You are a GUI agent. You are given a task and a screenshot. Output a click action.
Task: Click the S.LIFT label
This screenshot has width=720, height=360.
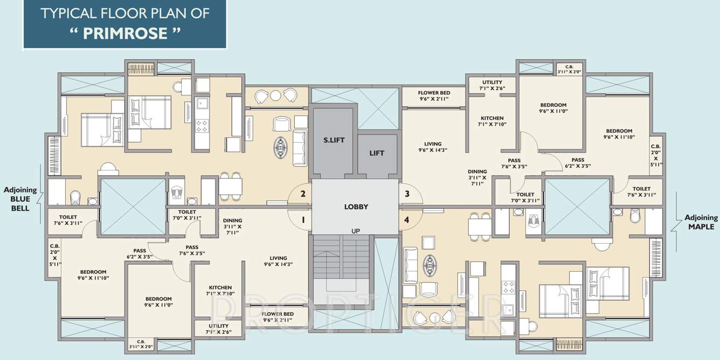pos(334,140)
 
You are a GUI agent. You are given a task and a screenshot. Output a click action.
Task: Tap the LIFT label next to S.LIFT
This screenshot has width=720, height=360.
pos(377,153)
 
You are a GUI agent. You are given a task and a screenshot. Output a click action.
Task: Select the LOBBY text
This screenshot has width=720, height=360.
pos(356,207)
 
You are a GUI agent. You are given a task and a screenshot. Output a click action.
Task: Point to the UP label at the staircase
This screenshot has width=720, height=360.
pos(356,231)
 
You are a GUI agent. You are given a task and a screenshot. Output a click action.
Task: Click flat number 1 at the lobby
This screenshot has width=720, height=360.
pos(303,220)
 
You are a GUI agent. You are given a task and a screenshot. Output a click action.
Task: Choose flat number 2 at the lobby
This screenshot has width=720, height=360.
pos(303,194)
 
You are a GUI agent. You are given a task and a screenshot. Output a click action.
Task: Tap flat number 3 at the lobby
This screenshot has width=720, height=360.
pos(407,194)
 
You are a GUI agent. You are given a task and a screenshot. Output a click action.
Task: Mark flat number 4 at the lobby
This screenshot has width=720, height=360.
pos(407,220)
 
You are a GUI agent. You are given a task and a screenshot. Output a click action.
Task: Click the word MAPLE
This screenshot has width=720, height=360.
pos(701,227)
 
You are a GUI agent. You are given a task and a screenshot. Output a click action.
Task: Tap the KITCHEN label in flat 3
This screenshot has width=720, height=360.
pos(491,118)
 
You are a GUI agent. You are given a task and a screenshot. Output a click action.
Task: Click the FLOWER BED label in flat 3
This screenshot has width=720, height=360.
pos(434,93)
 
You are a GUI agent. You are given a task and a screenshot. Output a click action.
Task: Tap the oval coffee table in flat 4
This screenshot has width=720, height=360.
pos(430,265)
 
